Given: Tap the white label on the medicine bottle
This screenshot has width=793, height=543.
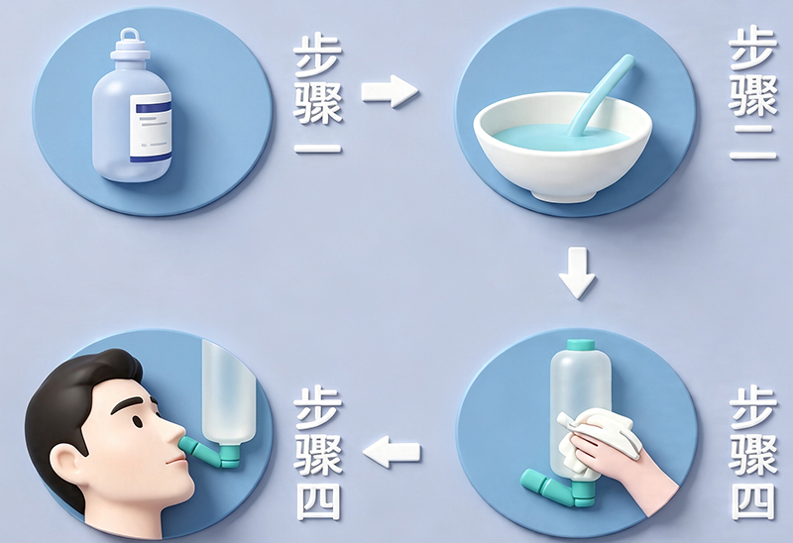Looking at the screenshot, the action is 151,128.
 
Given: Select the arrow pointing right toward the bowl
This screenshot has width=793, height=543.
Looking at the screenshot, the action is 390,91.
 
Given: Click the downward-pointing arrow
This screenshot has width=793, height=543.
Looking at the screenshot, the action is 577,272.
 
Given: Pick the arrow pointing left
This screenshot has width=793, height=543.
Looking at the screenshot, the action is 392,451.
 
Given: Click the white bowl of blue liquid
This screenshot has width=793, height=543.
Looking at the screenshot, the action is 562,148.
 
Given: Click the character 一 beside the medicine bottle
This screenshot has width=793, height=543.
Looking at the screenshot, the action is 318,149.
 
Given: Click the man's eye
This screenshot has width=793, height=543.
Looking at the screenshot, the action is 138,420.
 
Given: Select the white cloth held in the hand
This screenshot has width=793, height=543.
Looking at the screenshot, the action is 597,441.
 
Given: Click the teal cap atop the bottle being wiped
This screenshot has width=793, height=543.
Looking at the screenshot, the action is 581,345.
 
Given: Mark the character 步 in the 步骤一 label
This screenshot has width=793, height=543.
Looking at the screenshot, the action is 317,56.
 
